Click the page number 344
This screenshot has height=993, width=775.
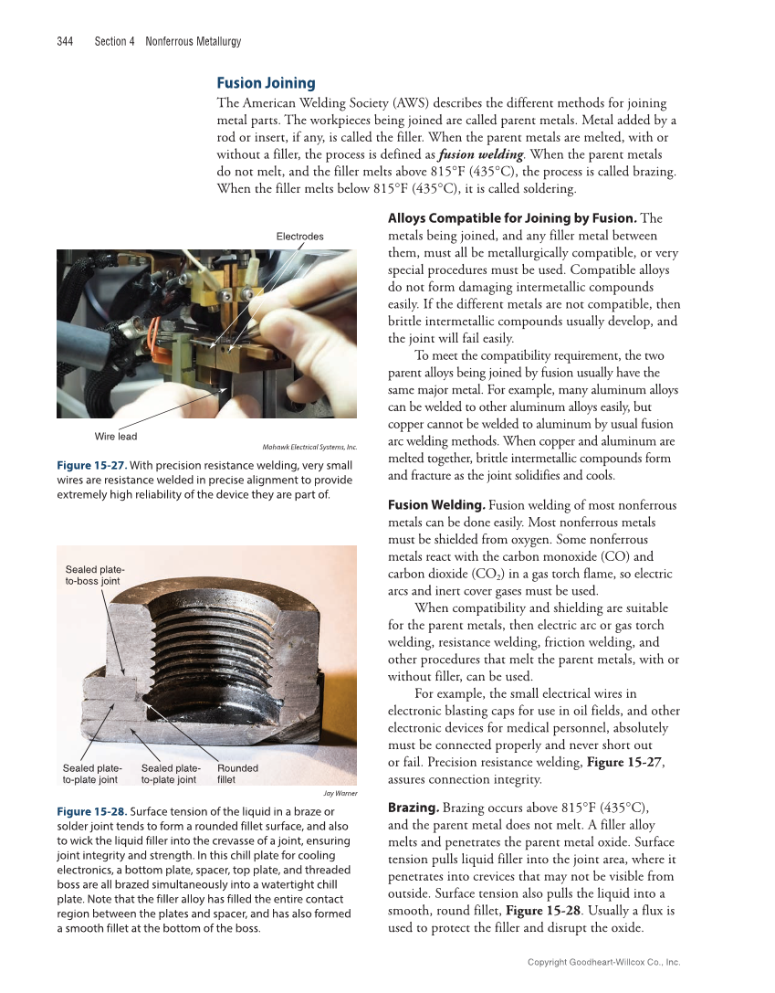coord(65,41)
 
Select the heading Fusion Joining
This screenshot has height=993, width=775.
coord(266,83)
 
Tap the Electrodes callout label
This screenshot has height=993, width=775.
coord(299,237)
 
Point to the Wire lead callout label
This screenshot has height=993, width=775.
coord(116,437)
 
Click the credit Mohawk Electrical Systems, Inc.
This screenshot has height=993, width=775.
coord(309,447)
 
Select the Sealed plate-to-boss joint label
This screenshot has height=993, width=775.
coord(93,576)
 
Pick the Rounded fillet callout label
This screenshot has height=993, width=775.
coord(237,774)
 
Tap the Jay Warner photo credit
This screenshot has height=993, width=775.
coord(340,793)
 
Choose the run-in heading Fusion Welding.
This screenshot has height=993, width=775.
coord(436,505)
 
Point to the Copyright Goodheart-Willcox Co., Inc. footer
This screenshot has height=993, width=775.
coord(604,962)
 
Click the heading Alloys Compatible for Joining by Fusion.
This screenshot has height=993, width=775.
coord(512,218)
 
